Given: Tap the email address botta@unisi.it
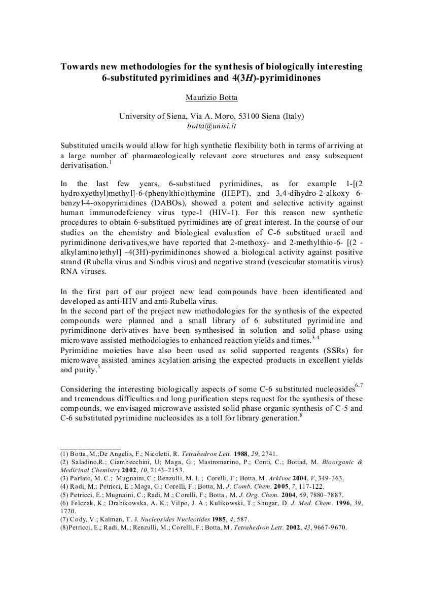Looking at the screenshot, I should click(211, 126).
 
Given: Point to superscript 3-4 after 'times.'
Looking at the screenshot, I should click(316, 337).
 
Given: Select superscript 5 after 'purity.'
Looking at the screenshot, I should click(98, 366).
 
